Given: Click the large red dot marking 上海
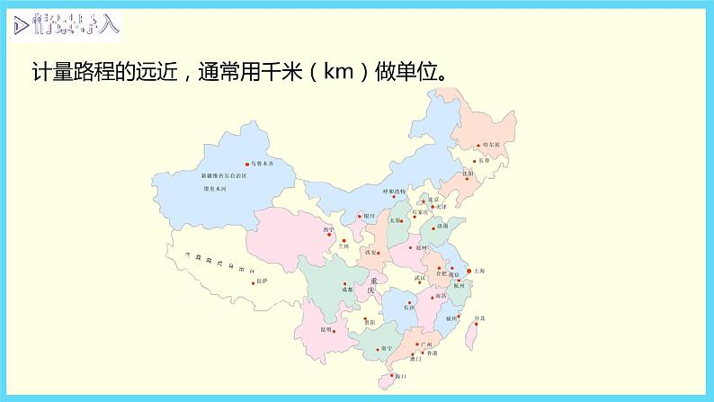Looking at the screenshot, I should click(468, 269).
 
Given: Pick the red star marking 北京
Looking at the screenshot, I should click(424, 201).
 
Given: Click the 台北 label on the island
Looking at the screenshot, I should click(480, 317).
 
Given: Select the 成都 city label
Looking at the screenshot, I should click(348, 290).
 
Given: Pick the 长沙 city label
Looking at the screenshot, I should click(410, 308).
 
